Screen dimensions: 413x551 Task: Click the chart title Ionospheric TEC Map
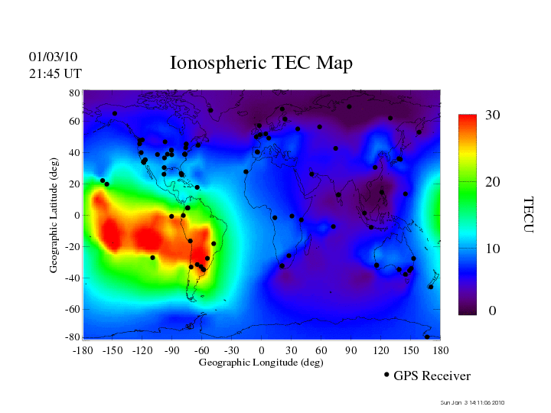[261, 63]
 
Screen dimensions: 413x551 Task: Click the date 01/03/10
[54, 57]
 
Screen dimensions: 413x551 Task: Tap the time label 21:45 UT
[55, 73]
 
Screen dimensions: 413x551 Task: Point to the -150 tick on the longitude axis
[112, 350]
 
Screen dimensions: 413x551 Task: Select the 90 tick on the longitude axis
[351, 350]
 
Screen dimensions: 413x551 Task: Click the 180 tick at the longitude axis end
[440, 350]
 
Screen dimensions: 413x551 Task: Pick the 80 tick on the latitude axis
[75, 93]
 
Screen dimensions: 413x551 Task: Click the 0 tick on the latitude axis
[77, 216]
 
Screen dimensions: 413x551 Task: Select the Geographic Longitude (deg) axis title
[261, 363]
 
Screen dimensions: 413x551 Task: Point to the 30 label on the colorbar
[492, 115]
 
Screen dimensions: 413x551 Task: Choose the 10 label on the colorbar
[492, 249]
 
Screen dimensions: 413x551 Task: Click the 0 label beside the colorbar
[492, 311]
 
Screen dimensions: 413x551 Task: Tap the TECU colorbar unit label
[527, 214]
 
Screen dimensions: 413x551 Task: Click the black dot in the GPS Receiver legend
[386, 375]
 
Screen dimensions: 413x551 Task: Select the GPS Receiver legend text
[432, 376]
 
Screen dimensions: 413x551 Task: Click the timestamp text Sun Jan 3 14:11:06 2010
[472, 402]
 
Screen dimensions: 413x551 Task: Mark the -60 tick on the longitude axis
[202, 350]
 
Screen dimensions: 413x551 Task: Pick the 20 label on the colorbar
[492, 183]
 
